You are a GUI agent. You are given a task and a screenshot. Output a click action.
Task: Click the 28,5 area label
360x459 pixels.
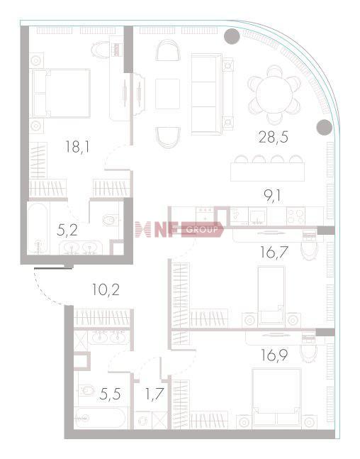(x=274, y=137)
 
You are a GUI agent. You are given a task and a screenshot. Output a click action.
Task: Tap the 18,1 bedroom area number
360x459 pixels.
(x=77, y=146)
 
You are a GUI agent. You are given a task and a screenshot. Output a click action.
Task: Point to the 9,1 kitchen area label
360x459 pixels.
(x=272, y=196)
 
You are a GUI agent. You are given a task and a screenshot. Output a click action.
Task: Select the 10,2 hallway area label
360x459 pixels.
(x=106, y=290)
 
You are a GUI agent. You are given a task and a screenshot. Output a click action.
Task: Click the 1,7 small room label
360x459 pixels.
(x=154, y=394)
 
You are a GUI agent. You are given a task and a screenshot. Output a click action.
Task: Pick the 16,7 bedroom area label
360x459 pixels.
(x=274, y=252)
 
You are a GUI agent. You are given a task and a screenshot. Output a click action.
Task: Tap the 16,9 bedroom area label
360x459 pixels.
(x=274, y=355)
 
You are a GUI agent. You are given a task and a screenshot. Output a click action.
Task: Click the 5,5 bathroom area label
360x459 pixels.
(x=110, y=394)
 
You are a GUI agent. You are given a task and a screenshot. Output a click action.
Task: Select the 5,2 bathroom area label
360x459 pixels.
(x=67, y=231)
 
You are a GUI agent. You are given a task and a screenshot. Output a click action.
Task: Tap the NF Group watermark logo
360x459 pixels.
(x=179, y=230)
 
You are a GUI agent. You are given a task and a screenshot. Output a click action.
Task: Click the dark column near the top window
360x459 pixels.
(x=232, y=36)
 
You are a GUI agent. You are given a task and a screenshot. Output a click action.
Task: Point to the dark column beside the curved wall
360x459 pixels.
(x=325, y=127)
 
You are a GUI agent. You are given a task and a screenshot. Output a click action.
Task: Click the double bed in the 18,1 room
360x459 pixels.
(x=61, y=94)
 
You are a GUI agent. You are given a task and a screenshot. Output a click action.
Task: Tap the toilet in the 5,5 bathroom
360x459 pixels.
(x=86, y=390)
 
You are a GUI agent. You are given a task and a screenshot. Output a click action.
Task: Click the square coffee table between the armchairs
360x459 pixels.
(x=167, y=94)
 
